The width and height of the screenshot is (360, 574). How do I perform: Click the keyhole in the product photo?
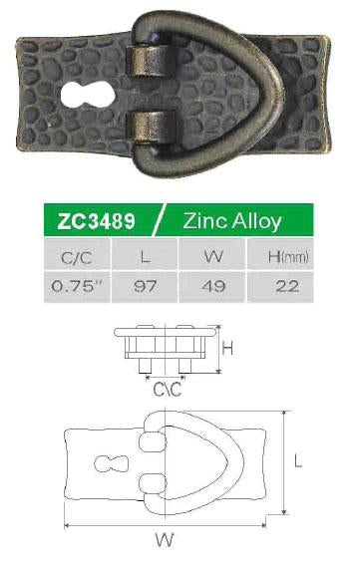[x=88, y=95]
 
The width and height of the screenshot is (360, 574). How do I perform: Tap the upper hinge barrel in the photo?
[x=152, y=61]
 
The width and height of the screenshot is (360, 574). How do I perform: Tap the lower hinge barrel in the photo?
[x=151, y=127]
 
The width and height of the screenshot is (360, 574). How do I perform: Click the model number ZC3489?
[x=97, y=221]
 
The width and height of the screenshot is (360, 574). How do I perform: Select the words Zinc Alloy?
[x=232, y=221]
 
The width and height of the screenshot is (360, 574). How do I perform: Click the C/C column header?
[x=77, y=258]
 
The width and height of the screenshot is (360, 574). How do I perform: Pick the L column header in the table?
[x=145, y=258]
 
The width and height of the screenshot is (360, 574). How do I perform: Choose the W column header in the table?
[x=213, y=256]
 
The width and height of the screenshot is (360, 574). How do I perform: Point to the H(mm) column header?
[x=288, y=257]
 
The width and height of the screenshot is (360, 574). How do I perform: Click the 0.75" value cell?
[x=77, y=286]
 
